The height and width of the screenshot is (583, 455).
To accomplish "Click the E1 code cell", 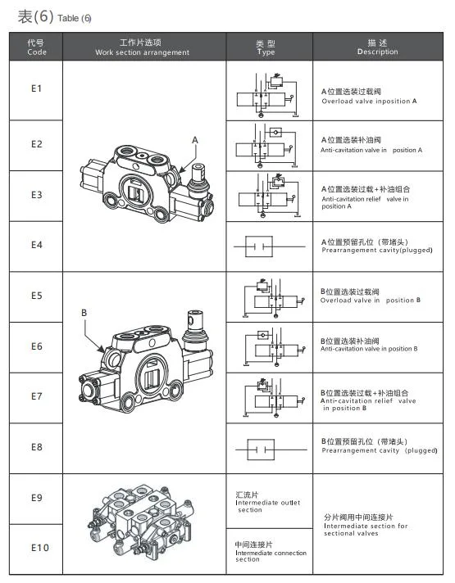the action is click(x=36, y=89).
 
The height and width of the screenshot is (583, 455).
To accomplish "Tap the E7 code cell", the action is click(x=37, y=396).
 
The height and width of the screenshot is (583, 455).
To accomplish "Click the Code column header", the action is click(x=37, y=47).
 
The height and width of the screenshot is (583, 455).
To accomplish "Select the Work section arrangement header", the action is click(x=142, y=47).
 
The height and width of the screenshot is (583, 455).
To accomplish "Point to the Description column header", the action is click(x=378, y=47).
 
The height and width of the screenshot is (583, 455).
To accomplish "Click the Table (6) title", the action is click(x=54, y=17).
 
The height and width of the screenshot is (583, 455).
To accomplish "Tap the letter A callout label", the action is click(x=195, y=140).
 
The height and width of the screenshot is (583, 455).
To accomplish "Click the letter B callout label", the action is click(x=84, y=313).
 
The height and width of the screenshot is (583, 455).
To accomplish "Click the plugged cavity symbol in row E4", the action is click(x=269, y=246).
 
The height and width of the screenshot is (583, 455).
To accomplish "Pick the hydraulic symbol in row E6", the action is click(x=275, y=347).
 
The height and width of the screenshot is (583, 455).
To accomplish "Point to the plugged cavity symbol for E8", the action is click(x=271, y=450).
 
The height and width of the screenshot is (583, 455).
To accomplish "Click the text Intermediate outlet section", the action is click(x=267, y=502).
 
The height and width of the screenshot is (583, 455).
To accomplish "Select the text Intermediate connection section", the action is click(x=271, y=552).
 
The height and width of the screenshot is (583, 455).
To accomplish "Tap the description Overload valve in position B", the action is click(x=370, y=296).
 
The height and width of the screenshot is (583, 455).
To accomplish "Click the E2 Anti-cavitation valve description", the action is click(x=371, y=145).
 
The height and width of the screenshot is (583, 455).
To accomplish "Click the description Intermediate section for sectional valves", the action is click(x=366, y=525).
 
